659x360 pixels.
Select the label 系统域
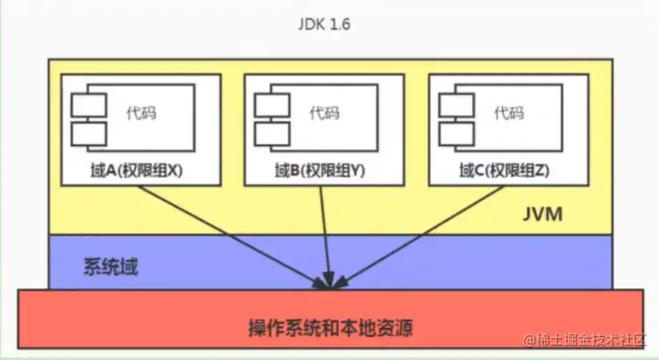pyautogui.click(x=111, y=264)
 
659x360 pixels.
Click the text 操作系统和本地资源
pyautogui.click(x=329, y=330)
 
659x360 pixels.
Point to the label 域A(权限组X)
pyautogui.click(x=141, y=172)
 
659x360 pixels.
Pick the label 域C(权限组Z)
pyautogui.click(x=506, y=172)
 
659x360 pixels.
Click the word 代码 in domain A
pyautogui.click(x=138, y=113)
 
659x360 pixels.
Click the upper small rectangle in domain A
pyautogui.click(x=89, y=103)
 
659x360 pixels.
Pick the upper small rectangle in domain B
pyautogui.click(x=273, y=103)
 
